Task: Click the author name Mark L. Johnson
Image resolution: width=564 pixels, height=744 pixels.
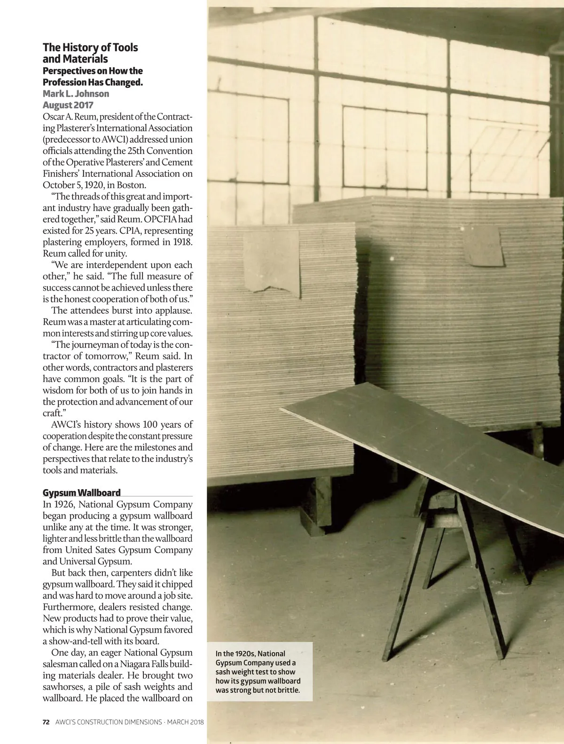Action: (x=76, y=94)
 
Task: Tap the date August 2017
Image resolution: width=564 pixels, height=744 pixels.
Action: (x=68, y=105)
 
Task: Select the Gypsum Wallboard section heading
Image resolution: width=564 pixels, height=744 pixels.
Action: (x=81, y=492)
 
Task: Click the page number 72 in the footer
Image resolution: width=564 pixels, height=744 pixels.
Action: (x=46, y=722)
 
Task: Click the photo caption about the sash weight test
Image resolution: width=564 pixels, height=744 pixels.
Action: (x=258, y=672)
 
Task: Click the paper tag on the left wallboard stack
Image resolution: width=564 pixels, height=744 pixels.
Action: (x=271, y=261)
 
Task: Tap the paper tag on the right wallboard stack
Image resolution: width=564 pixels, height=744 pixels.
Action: (x=483, y=245)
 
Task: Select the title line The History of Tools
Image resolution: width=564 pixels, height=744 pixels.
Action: (x=90, y=47)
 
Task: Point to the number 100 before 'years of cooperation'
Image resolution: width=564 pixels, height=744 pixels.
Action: (x=151, y=425)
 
